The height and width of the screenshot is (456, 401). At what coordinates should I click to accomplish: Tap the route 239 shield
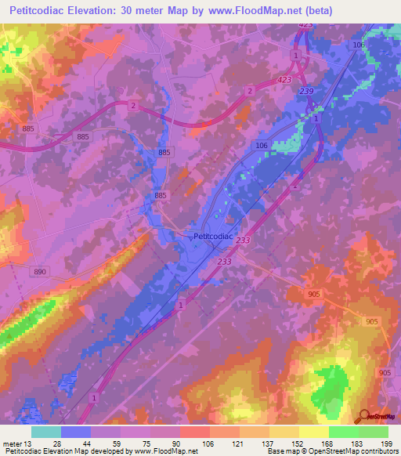306,92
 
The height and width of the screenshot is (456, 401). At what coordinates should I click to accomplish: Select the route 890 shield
40,270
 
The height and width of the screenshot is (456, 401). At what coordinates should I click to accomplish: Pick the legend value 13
28,443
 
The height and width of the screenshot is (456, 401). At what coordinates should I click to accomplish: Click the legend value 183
359,443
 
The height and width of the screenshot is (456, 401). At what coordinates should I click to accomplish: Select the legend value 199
388,443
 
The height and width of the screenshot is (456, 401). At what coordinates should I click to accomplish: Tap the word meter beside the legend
10,443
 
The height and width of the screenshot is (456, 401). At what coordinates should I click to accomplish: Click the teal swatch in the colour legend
46,432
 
